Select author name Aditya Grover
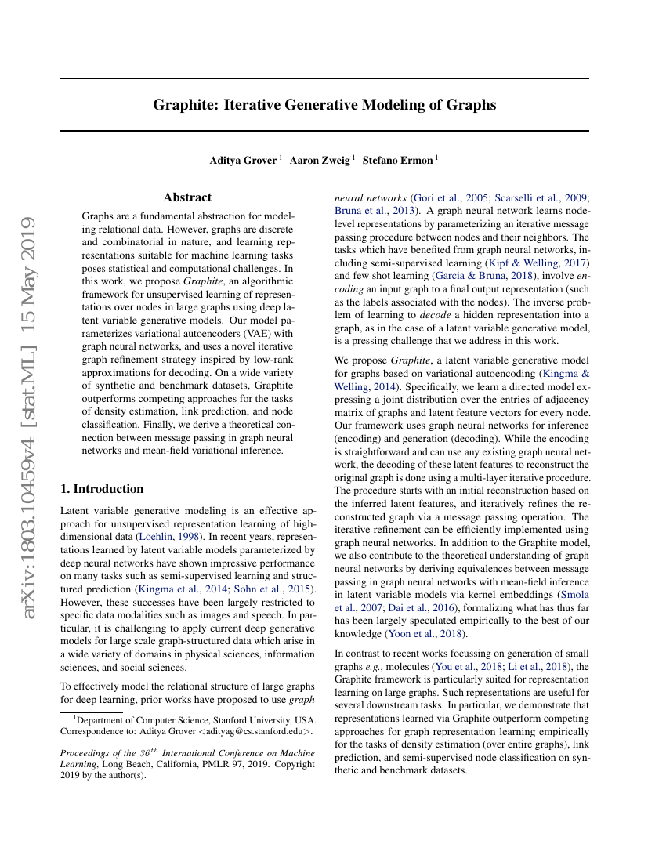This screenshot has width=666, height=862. tap(243, 161)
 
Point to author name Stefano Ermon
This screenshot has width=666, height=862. tap(397, 161)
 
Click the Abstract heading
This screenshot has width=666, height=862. tap(187, 197)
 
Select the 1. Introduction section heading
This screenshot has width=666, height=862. tap(102, 489)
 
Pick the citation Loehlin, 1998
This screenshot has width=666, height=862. tap(168, 537)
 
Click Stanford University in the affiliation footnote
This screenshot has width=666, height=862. tap(248, 719)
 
